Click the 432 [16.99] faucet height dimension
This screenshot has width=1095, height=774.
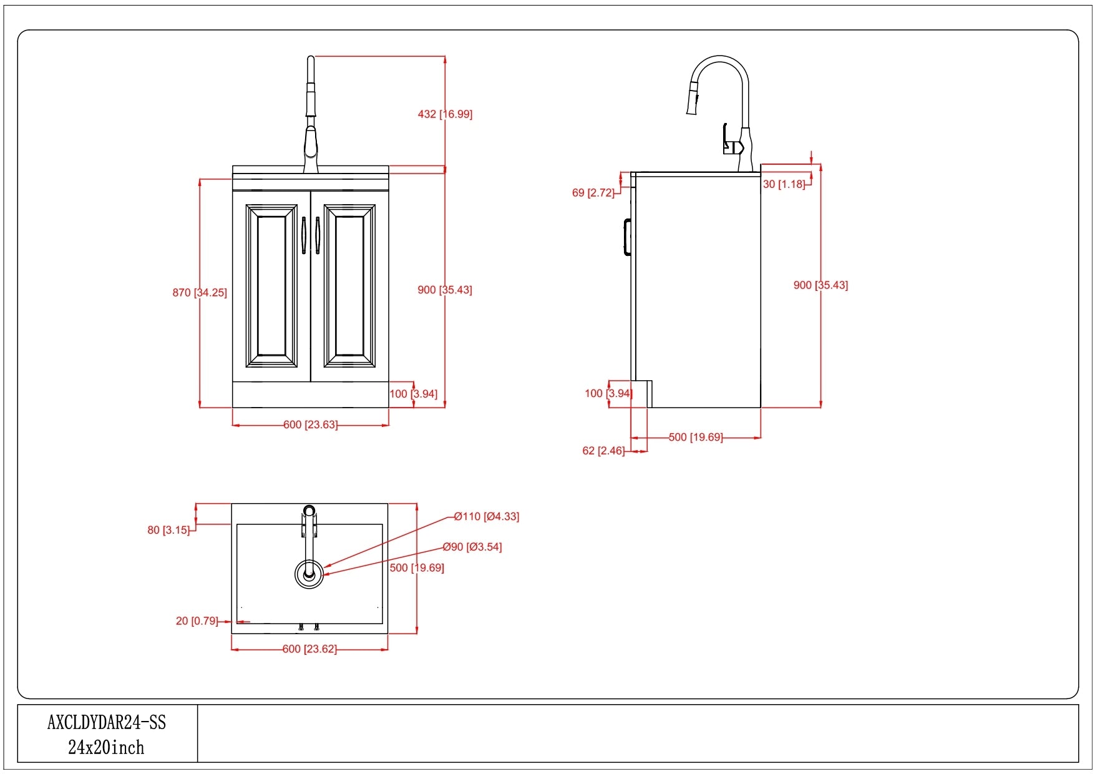coord(445,114)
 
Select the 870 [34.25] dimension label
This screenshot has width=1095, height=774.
coord(200,292)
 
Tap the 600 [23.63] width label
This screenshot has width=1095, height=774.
coord(310,424)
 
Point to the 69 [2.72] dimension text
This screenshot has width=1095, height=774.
coord(593,193)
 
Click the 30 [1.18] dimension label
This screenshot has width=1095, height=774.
coord(784,184)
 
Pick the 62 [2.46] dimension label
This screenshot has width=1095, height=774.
coord(603,451)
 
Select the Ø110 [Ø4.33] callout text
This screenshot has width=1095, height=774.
coord(487,516)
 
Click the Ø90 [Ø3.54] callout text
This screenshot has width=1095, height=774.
coord(472,547)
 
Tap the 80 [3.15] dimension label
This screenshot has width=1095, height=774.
coord(168,530)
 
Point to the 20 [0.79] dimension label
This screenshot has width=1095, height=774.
coord(197,621)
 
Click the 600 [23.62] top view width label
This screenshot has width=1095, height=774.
coord(309,649)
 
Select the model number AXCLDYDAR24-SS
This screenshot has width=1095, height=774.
coord(107,723)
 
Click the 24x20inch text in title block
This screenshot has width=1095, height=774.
coord(106,747)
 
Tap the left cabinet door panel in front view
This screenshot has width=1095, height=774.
coord(271,286)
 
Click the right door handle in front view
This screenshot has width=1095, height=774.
coord(318,235)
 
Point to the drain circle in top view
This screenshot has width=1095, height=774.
coord(309,574)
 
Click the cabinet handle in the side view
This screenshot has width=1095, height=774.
coord(626,237)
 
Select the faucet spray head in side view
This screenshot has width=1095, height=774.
coord(693,100)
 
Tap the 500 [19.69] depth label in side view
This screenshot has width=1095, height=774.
coord(696,438)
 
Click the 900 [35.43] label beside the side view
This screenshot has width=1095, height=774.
coord(820,285)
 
